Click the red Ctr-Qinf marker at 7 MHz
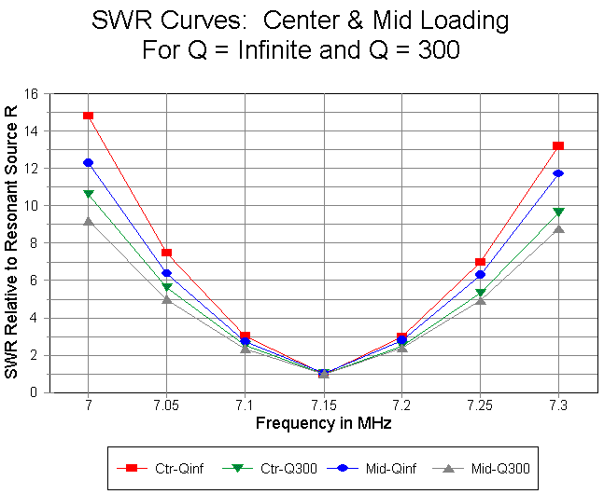(x=88, y=116)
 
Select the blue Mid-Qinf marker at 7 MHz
(x=88, y=162)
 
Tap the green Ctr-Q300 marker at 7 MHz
(x=88, y=194)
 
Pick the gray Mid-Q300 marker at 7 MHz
(x=88, y=221)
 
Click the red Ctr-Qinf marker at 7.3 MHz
(x=558, y=145)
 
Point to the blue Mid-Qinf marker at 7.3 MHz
(x=558, y=173)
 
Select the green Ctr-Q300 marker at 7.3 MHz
(x=558, y=212)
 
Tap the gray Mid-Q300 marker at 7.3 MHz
(x=558, y=228)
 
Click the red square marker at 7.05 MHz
(x=166, y=253)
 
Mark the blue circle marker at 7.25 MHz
(x=480, y=274)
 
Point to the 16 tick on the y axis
(x=32, y=94)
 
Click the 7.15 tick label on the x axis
(x=323, y=407)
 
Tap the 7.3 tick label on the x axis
(x=558, y=407)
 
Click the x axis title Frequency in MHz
(x=323, y=424)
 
